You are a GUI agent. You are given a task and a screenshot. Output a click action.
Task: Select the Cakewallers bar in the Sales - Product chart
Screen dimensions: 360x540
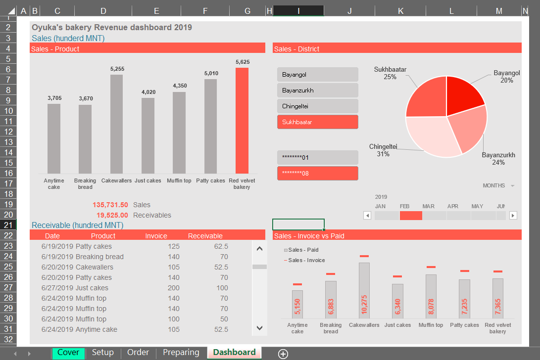point(116,124)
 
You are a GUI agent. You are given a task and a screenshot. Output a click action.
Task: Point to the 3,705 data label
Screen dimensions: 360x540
point(54,98)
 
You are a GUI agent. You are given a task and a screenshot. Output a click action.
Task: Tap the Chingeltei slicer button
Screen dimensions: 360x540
point(317,106)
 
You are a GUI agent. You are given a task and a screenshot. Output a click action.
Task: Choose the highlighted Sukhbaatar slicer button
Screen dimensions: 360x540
point(317,122)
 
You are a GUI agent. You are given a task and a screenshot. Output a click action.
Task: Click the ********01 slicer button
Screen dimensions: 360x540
point(317,158)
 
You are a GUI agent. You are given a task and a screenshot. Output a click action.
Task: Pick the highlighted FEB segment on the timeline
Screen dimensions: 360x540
point(411,215)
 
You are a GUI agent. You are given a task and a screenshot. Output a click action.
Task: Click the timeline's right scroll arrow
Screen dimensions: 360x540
point(513,215)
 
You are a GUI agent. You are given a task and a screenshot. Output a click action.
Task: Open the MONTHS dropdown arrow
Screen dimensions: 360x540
point(512,186)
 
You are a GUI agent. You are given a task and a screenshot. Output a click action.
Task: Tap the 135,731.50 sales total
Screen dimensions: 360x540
point(110,205)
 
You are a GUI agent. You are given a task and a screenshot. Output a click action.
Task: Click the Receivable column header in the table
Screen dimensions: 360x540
point(205,236)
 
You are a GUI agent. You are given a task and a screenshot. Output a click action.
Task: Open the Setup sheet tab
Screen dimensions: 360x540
point(103,353)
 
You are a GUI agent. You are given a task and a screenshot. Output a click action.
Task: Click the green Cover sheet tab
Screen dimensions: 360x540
point(68,353)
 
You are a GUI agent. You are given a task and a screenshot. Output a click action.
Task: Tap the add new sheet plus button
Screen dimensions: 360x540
point(283,353)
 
